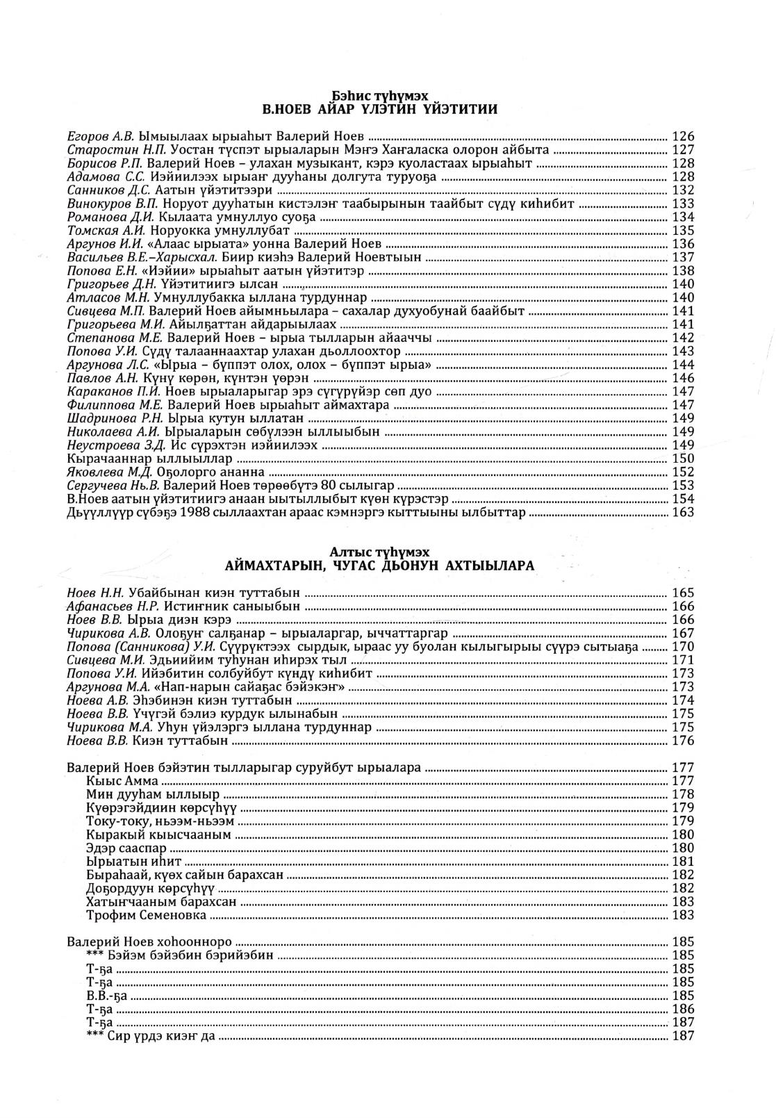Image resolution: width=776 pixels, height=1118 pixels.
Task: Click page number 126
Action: point(683,136)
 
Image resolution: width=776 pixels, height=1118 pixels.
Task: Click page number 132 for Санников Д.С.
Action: point(683,190)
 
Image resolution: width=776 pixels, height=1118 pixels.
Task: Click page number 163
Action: point(683,513)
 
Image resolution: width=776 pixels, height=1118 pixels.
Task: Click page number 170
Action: point(683,646)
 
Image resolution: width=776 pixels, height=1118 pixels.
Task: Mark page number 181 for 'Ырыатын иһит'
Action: point(683,862)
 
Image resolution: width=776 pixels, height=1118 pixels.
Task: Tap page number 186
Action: point(683,1009)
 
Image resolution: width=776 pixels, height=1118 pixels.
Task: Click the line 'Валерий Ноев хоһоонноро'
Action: point(149,943)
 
